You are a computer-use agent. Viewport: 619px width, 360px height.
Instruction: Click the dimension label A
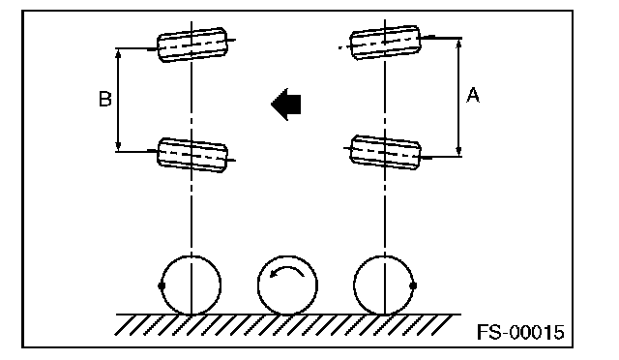pyautogui.click(x=473, y=96)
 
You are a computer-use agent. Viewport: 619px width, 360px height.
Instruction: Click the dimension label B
pyautogui.click(x=105, y=99)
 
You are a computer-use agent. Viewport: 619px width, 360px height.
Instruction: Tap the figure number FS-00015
pyautogui.click(x=520, y=332)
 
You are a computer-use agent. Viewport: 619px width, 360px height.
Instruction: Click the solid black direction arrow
pyautogui.click(x=286, y=105)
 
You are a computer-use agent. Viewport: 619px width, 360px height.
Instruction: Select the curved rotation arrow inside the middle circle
pyautogui.click(x=287, y=271)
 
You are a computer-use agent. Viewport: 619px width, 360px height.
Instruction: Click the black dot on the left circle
pyautogui.click(x=162, y=285)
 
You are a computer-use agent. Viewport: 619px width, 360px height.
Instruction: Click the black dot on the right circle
pyautogui.click(x=413, y=285)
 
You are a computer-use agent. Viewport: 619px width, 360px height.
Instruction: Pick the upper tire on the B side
pyautogui.click(x=192, y=45)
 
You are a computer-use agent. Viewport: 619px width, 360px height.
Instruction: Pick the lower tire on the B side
pyautogui.click(x=192, y=155)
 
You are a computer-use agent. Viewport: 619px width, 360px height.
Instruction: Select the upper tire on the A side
pyautogui.click(x=385, y=43)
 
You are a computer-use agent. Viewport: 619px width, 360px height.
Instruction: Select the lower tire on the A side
pyautogui.click(x=385, y=152)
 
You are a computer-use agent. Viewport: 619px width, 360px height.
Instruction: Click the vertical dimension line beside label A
pyautogui.click(x=458, y=98)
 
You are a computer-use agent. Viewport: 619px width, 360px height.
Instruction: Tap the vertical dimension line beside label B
pyautogui.click(x=118, y=100)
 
